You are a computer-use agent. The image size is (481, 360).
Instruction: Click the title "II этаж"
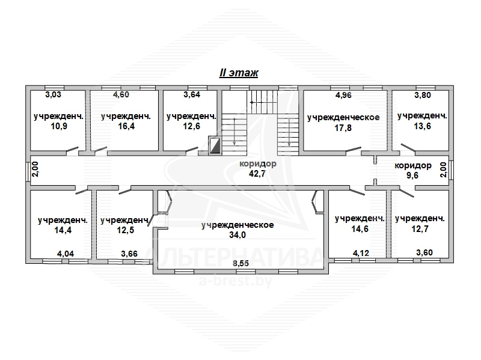[x=239, y=73]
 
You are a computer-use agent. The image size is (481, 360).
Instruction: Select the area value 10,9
[x=59, y=126]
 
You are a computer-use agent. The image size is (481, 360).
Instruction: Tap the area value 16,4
[x=126, y=126]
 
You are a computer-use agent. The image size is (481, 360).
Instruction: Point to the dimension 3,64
[x=192, y=94]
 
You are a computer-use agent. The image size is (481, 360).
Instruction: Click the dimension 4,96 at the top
[x=343, y=95]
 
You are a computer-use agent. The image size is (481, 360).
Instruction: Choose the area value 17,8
[x=343, y=127]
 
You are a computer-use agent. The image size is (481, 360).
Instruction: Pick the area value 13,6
[x=423, y=126]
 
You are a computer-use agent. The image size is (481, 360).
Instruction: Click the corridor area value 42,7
[x=257, y=174]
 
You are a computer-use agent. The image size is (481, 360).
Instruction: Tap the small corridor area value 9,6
[x=412, y=175]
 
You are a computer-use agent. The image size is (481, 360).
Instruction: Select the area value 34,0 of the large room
[x=237, y=235]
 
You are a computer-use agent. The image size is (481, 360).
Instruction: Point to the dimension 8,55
[x=241, y=263]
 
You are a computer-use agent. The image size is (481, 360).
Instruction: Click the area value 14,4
[x=63, y=230]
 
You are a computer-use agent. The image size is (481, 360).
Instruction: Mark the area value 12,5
[x=126, y=230]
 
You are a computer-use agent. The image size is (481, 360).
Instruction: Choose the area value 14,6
[x=360, y=229]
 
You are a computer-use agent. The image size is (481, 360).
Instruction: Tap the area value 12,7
[x=420, y=229]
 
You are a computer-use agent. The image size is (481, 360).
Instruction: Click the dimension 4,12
[x=361, y=253]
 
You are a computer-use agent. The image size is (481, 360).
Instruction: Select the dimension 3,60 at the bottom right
[x=424, y=252]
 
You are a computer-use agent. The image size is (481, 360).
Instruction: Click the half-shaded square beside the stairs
[x=215, y=145]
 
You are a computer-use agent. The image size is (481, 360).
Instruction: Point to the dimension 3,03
[x=53, y=94]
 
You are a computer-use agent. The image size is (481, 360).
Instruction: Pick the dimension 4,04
[x=66, y=254]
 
